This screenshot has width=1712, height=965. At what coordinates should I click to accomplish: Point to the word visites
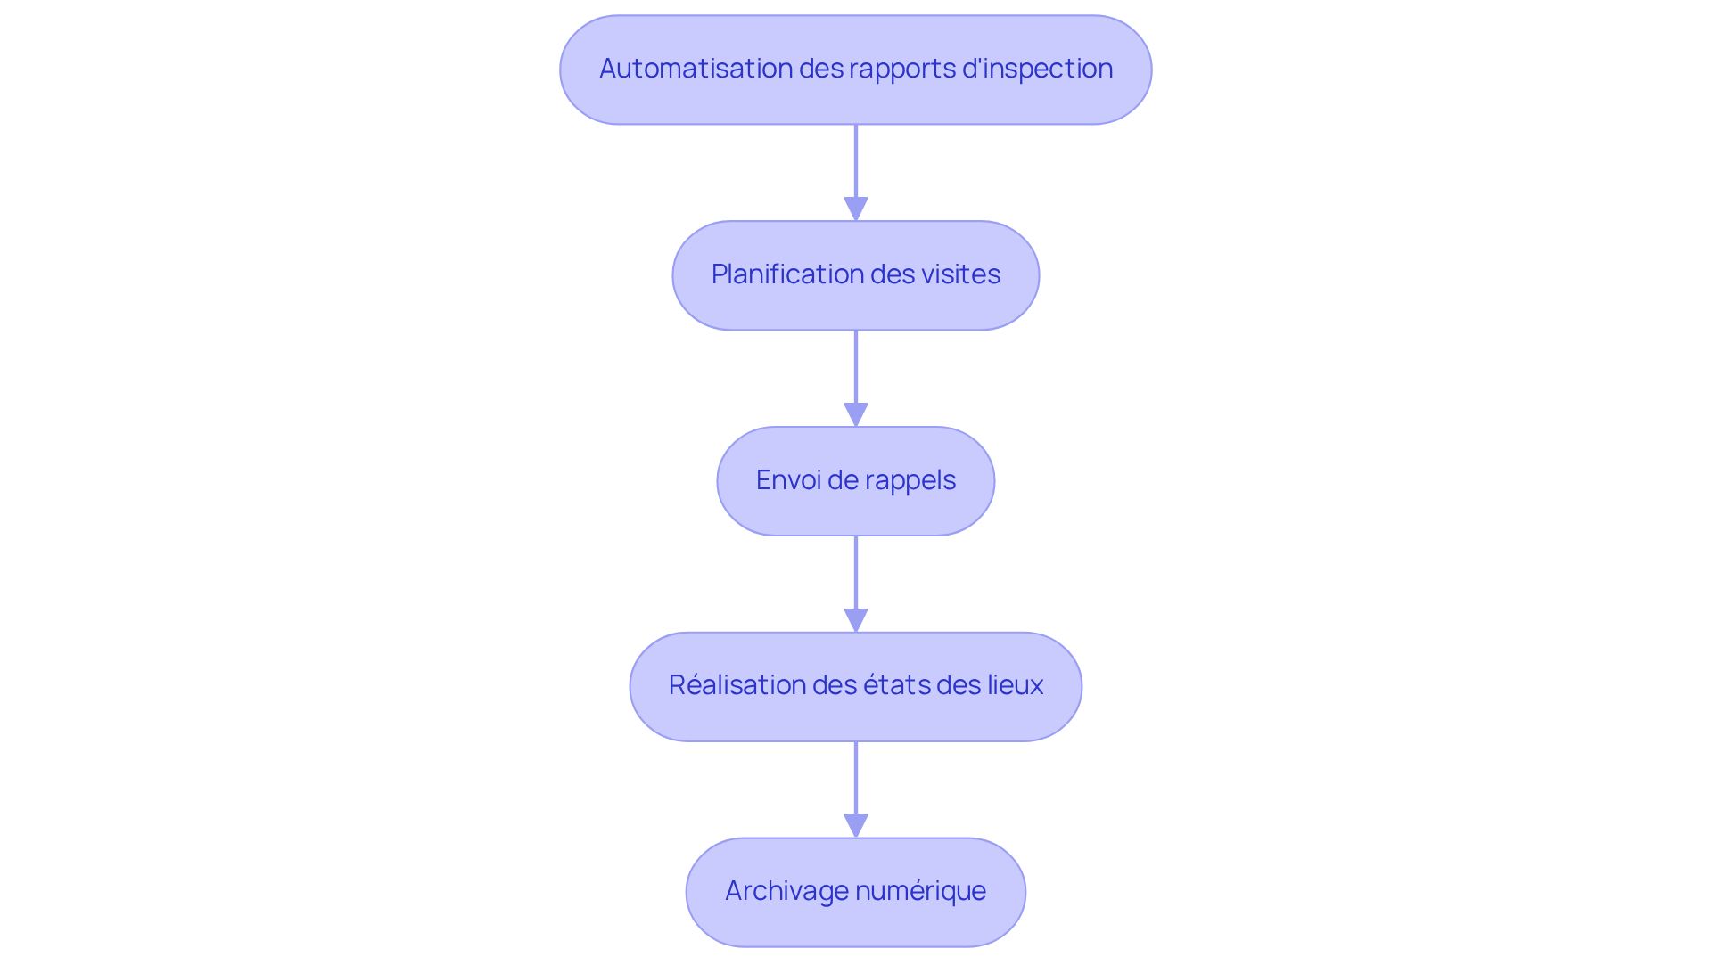click(960, 274)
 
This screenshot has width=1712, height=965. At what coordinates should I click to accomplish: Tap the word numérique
click(920, 891)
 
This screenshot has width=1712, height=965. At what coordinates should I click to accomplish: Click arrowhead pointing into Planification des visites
click(856, 209)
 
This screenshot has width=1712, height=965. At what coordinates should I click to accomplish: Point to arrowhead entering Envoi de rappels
click(856, 414)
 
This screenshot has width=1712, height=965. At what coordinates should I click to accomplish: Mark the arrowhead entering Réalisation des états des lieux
click(856, 620)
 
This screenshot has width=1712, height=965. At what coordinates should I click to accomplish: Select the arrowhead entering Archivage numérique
click(856, 825)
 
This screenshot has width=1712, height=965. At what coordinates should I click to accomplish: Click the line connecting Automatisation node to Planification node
click(856, 160)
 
